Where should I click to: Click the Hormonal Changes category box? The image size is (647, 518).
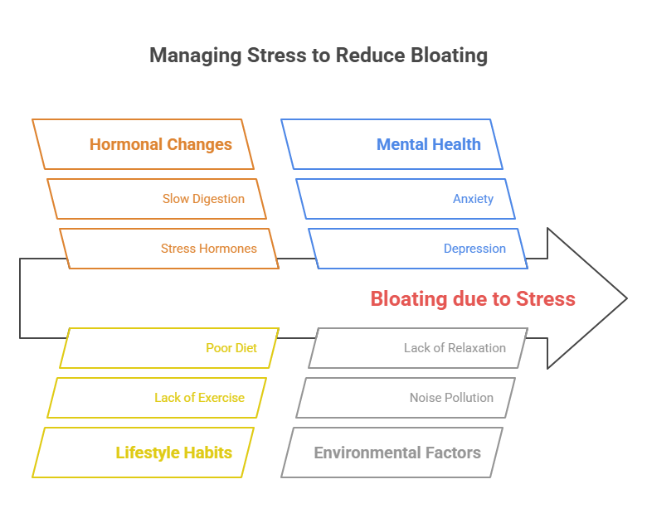143,144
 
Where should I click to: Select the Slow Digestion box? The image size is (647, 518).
157,199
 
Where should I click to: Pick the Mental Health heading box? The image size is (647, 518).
392,144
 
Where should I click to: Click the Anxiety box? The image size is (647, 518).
406,199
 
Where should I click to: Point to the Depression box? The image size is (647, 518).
418,249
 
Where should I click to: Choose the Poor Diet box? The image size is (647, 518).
169,348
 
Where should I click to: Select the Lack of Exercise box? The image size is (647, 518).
157,398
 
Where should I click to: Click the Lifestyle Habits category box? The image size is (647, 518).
143,453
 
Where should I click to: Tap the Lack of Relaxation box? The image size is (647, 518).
418,348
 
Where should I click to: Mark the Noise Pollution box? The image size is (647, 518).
406,398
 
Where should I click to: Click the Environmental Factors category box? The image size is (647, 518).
392,453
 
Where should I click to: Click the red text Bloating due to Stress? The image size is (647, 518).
472,298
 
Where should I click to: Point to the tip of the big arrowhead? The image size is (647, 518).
626,298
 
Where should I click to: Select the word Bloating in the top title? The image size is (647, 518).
446,56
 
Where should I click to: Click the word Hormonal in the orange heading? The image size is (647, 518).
124,144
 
